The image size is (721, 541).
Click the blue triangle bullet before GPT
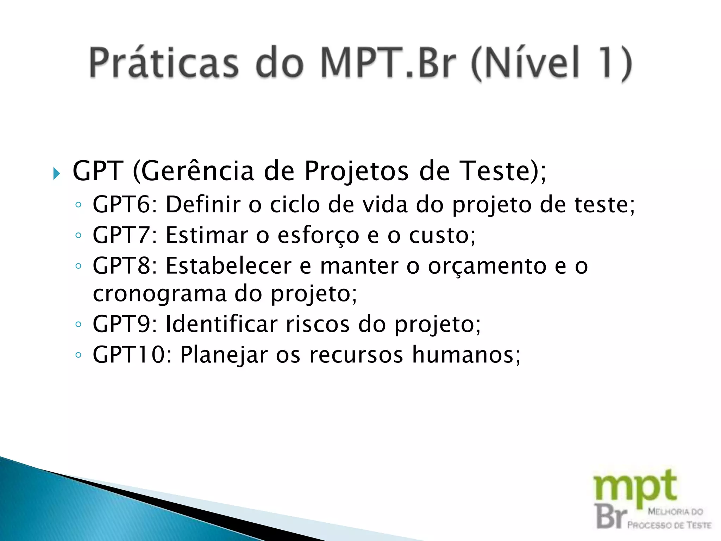[57, 174]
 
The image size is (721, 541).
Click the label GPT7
[121, 235]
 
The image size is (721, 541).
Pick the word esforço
[318, 236]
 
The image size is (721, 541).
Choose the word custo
[438, 235]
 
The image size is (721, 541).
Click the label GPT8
[121, 266]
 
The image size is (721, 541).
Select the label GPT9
[121, 324]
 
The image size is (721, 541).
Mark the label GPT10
[129, 354]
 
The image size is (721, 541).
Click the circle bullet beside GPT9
[79, 324]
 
